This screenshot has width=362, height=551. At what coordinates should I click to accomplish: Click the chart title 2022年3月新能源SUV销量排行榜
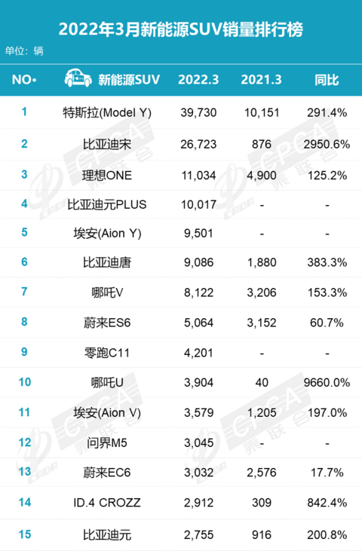pos(181,29)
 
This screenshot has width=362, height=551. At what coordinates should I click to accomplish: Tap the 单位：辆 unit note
pos(24,51)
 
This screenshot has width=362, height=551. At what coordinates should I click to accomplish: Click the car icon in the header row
pos(78,78)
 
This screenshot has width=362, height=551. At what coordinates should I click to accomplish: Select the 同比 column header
pos(327,80)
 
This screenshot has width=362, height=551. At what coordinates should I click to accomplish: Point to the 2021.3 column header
pos(261,80)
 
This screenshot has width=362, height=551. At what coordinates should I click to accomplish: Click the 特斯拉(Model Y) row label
pos(107,113)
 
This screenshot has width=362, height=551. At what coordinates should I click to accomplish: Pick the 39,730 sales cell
pos(198,113)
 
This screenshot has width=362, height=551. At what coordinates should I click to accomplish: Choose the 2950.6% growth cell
pos(327,144)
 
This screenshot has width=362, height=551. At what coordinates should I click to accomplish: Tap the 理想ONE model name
pos(107,175)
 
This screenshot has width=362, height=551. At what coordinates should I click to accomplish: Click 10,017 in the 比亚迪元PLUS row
pos(198,204)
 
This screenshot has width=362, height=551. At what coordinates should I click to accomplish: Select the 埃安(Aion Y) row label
pos(107,234)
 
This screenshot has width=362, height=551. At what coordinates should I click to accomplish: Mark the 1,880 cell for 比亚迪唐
pos(262,262)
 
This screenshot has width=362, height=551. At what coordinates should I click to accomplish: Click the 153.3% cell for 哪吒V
pos(327,292)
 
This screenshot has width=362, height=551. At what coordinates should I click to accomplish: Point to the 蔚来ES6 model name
pos(107,323)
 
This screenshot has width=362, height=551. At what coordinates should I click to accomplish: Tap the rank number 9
pos(24,352)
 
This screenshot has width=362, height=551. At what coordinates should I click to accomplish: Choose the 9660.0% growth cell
pos(327,382)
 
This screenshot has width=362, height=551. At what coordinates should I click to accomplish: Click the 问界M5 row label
pos(107,442)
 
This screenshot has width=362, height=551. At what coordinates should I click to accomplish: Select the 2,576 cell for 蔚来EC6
pos(262,473)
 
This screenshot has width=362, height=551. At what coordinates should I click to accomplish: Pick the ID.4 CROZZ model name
pos(107,503)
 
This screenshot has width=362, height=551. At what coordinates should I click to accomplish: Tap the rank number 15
pos(25,534)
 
